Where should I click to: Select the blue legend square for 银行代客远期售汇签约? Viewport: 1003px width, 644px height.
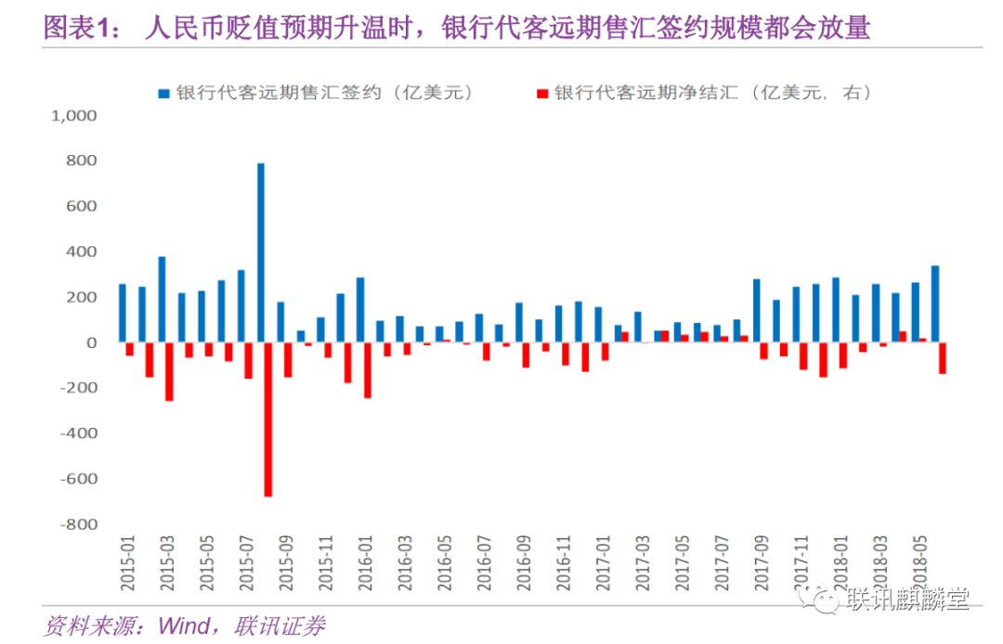pyautogui.click(x=163, y=93)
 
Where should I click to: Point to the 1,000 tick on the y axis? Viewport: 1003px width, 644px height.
pyautogui.click(x=74, y=116)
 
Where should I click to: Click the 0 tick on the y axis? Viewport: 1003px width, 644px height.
pyautogui.click(x=91, y=343)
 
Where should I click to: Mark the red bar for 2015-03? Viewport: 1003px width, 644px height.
pyautogui.click(x=169, y=372)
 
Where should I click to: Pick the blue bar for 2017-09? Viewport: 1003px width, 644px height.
pyautogui.click(x=756, y=311)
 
